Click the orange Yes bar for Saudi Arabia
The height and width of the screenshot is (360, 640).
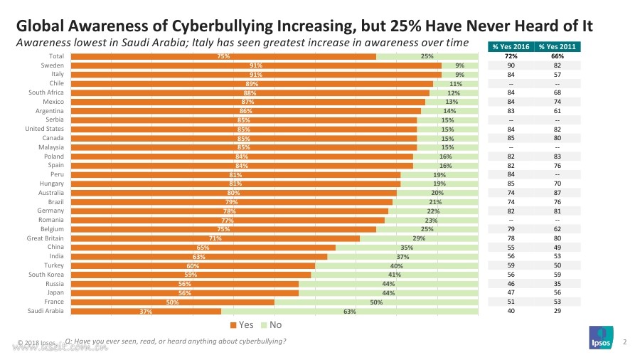(146, 311)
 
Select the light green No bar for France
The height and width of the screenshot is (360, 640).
(377, 302)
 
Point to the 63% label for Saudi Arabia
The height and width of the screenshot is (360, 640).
(349, 311)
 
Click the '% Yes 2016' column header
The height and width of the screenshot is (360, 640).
(511, 47)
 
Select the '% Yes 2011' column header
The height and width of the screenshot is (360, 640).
(558, 47)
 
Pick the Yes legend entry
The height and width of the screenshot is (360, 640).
(242, 325)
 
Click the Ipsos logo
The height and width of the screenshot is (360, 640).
(600, 337)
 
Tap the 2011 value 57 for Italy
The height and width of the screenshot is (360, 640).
(558, 74)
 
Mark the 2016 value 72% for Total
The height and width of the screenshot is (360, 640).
(511, 55)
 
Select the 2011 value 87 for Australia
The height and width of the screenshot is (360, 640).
(558, 192)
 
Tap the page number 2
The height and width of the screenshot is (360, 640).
(624, 343)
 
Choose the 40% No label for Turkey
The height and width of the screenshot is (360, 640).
(397, 265)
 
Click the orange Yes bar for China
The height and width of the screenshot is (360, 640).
(203, 247)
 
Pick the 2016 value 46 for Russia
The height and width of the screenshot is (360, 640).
(511, 283)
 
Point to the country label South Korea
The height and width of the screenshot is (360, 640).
(46, 275)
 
